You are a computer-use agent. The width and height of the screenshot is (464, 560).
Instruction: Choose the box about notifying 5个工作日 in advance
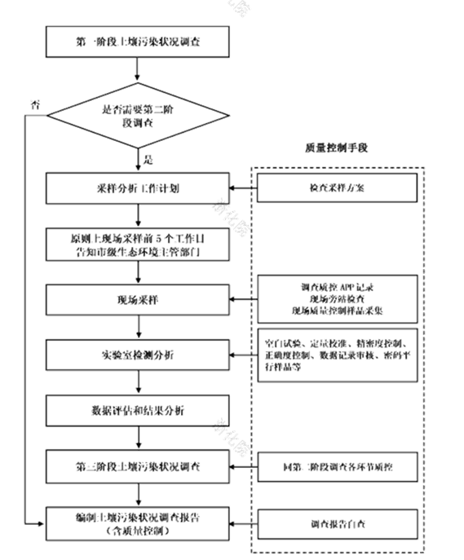[140, 244]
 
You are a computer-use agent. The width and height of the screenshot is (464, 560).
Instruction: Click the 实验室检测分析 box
[140, 355]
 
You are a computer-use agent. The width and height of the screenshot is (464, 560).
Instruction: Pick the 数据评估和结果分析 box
[140, 410]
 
